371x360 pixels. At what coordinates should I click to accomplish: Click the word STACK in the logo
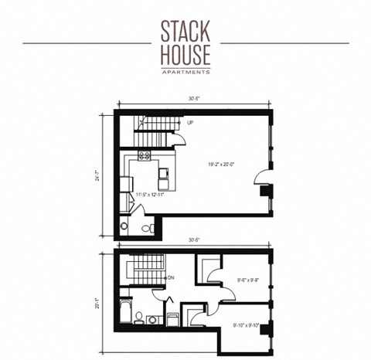pos(185,31)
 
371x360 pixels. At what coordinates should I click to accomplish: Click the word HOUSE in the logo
pos(185,55)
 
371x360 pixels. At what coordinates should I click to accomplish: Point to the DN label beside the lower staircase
pos(171,276)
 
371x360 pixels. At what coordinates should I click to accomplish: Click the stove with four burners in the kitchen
pos(144,157)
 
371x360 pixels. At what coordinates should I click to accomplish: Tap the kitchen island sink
pos(165,182)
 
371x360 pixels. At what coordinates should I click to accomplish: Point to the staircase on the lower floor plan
pos(141,271)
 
